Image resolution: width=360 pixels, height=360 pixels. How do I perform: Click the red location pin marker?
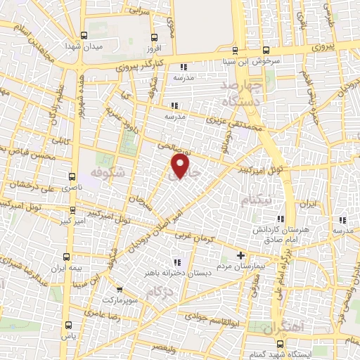181,165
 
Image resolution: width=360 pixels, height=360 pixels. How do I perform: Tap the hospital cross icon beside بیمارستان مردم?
241,255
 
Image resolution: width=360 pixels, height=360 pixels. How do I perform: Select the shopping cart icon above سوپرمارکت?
119,289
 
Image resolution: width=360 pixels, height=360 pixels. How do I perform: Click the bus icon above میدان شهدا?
84,35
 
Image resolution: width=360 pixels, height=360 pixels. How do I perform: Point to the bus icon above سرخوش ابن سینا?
266,50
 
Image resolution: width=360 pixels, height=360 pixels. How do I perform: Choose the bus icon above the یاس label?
67,325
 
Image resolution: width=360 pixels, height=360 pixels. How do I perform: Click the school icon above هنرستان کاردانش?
282,219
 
